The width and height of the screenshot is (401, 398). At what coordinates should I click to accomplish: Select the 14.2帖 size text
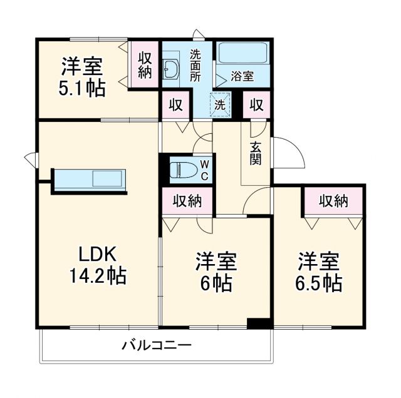[x=98, y=275]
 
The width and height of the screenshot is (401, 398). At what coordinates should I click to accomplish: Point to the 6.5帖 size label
[x=319, y=282]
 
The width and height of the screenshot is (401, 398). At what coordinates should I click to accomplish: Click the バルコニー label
[x=157, y=345]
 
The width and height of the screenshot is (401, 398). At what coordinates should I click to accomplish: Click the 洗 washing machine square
[x=220, y=105]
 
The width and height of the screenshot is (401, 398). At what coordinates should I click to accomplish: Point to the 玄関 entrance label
[x=256, y=153]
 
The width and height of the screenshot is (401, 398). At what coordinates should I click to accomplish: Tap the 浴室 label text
[x=242, y=77]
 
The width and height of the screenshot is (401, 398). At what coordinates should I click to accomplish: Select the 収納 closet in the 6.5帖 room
[x=333, y=201]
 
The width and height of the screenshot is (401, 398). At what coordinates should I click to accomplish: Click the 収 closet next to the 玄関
[x=257, y=105]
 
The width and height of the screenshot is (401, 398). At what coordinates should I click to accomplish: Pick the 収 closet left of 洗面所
[x=177, y=105]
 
